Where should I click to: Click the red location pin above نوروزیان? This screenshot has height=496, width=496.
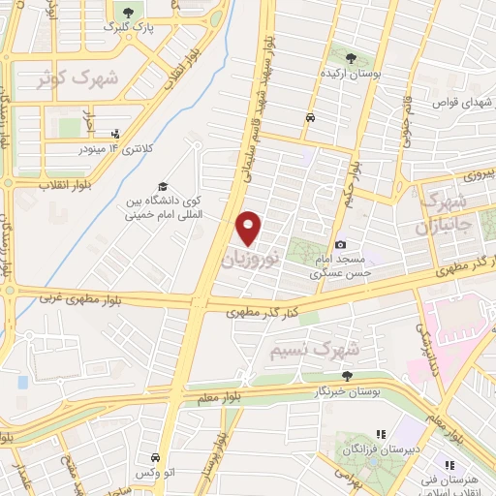point(249,228)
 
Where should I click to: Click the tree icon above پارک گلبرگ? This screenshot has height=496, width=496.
point(125,11)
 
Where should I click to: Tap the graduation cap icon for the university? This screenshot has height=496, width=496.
point(164,186)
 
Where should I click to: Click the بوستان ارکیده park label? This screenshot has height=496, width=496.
point(356,73)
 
